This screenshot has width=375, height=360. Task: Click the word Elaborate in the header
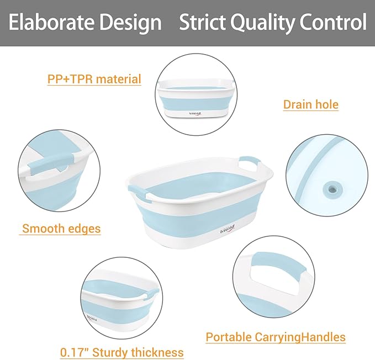(52, 23)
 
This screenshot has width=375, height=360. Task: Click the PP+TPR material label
(94, 79)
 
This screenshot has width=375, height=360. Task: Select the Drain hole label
(310, 104)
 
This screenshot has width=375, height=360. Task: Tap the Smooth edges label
(61, 228)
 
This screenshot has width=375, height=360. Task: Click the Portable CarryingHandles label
(276, 337)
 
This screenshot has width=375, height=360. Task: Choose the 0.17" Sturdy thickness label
(122, 352)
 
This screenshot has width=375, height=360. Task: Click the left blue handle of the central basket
(138, 193)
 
